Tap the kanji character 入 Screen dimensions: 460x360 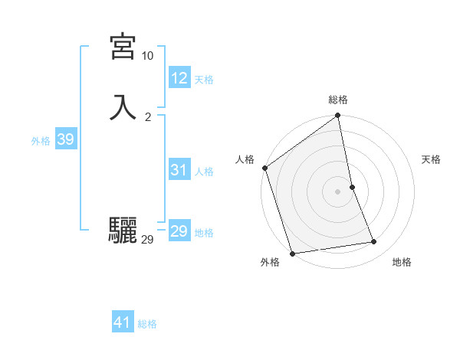point(123,107)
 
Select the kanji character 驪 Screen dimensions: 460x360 point(123,231)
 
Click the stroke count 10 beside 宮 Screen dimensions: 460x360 point(147,56)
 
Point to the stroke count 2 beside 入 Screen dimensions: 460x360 point(147,116)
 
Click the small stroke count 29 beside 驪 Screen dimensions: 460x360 point(147,240)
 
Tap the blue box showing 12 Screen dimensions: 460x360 point(179,78)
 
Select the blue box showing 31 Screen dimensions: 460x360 point(179,170)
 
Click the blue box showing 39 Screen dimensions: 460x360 point(65,139)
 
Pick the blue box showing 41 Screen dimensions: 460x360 point(123,322)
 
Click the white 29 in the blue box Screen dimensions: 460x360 point(179,231)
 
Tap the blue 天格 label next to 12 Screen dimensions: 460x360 point(204,80)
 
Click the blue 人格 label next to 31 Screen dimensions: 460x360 point(204,172)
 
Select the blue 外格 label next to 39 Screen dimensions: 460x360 point(41,141)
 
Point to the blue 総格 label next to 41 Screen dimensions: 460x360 point(147,324)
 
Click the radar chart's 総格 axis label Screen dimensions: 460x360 point(338,100)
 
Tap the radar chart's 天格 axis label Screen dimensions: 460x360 point(431,159)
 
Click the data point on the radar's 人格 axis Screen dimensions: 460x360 point(265,168)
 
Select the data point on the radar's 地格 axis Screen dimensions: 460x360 point(374,242)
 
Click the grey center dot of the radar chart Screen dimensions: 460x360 point(338,191)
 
